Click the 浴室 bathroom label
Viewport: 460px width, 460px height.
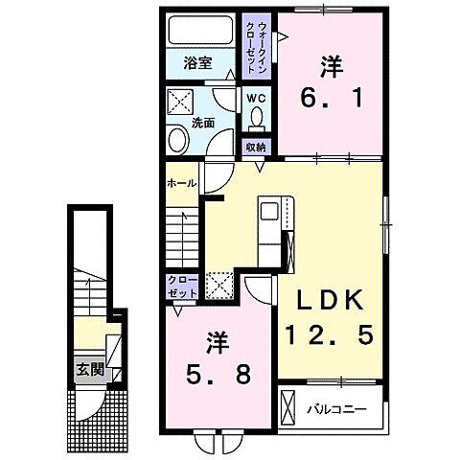[197, 63]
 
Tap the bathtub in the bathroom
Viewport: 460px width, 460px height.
[200, 29]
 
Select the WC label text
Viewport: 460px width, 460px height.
[256, 99]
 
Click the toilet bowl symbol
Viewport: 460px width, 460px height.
[257, 119]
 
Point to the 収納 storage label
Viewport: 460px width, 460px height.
[256, 148]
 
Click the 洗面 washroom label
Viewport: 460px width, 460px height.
[203, 123]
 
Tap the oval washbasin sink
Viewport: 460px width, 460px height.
[177, 140]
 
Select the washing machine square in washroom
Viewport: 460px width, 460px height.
[180, 102]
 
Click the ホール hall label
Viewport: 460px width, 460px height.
[181, 183]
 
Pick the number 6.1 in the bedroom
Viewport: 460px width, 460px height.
[332, 98]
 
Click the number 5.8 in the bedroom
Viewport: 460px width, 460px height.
[218, 375]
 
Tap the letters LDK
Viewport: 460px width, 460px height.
[331, 301]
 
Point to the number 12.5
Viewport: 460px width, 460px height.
[330, 334]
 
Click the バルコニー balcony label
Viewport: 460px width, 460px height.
[336, 409]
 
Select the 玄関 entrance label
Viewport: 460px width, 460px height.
[90, 370]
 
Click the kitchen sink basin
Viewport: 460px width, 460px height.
[270, 211]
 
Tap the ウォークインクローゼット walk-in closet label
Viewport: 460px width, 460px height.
[258, 48]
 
